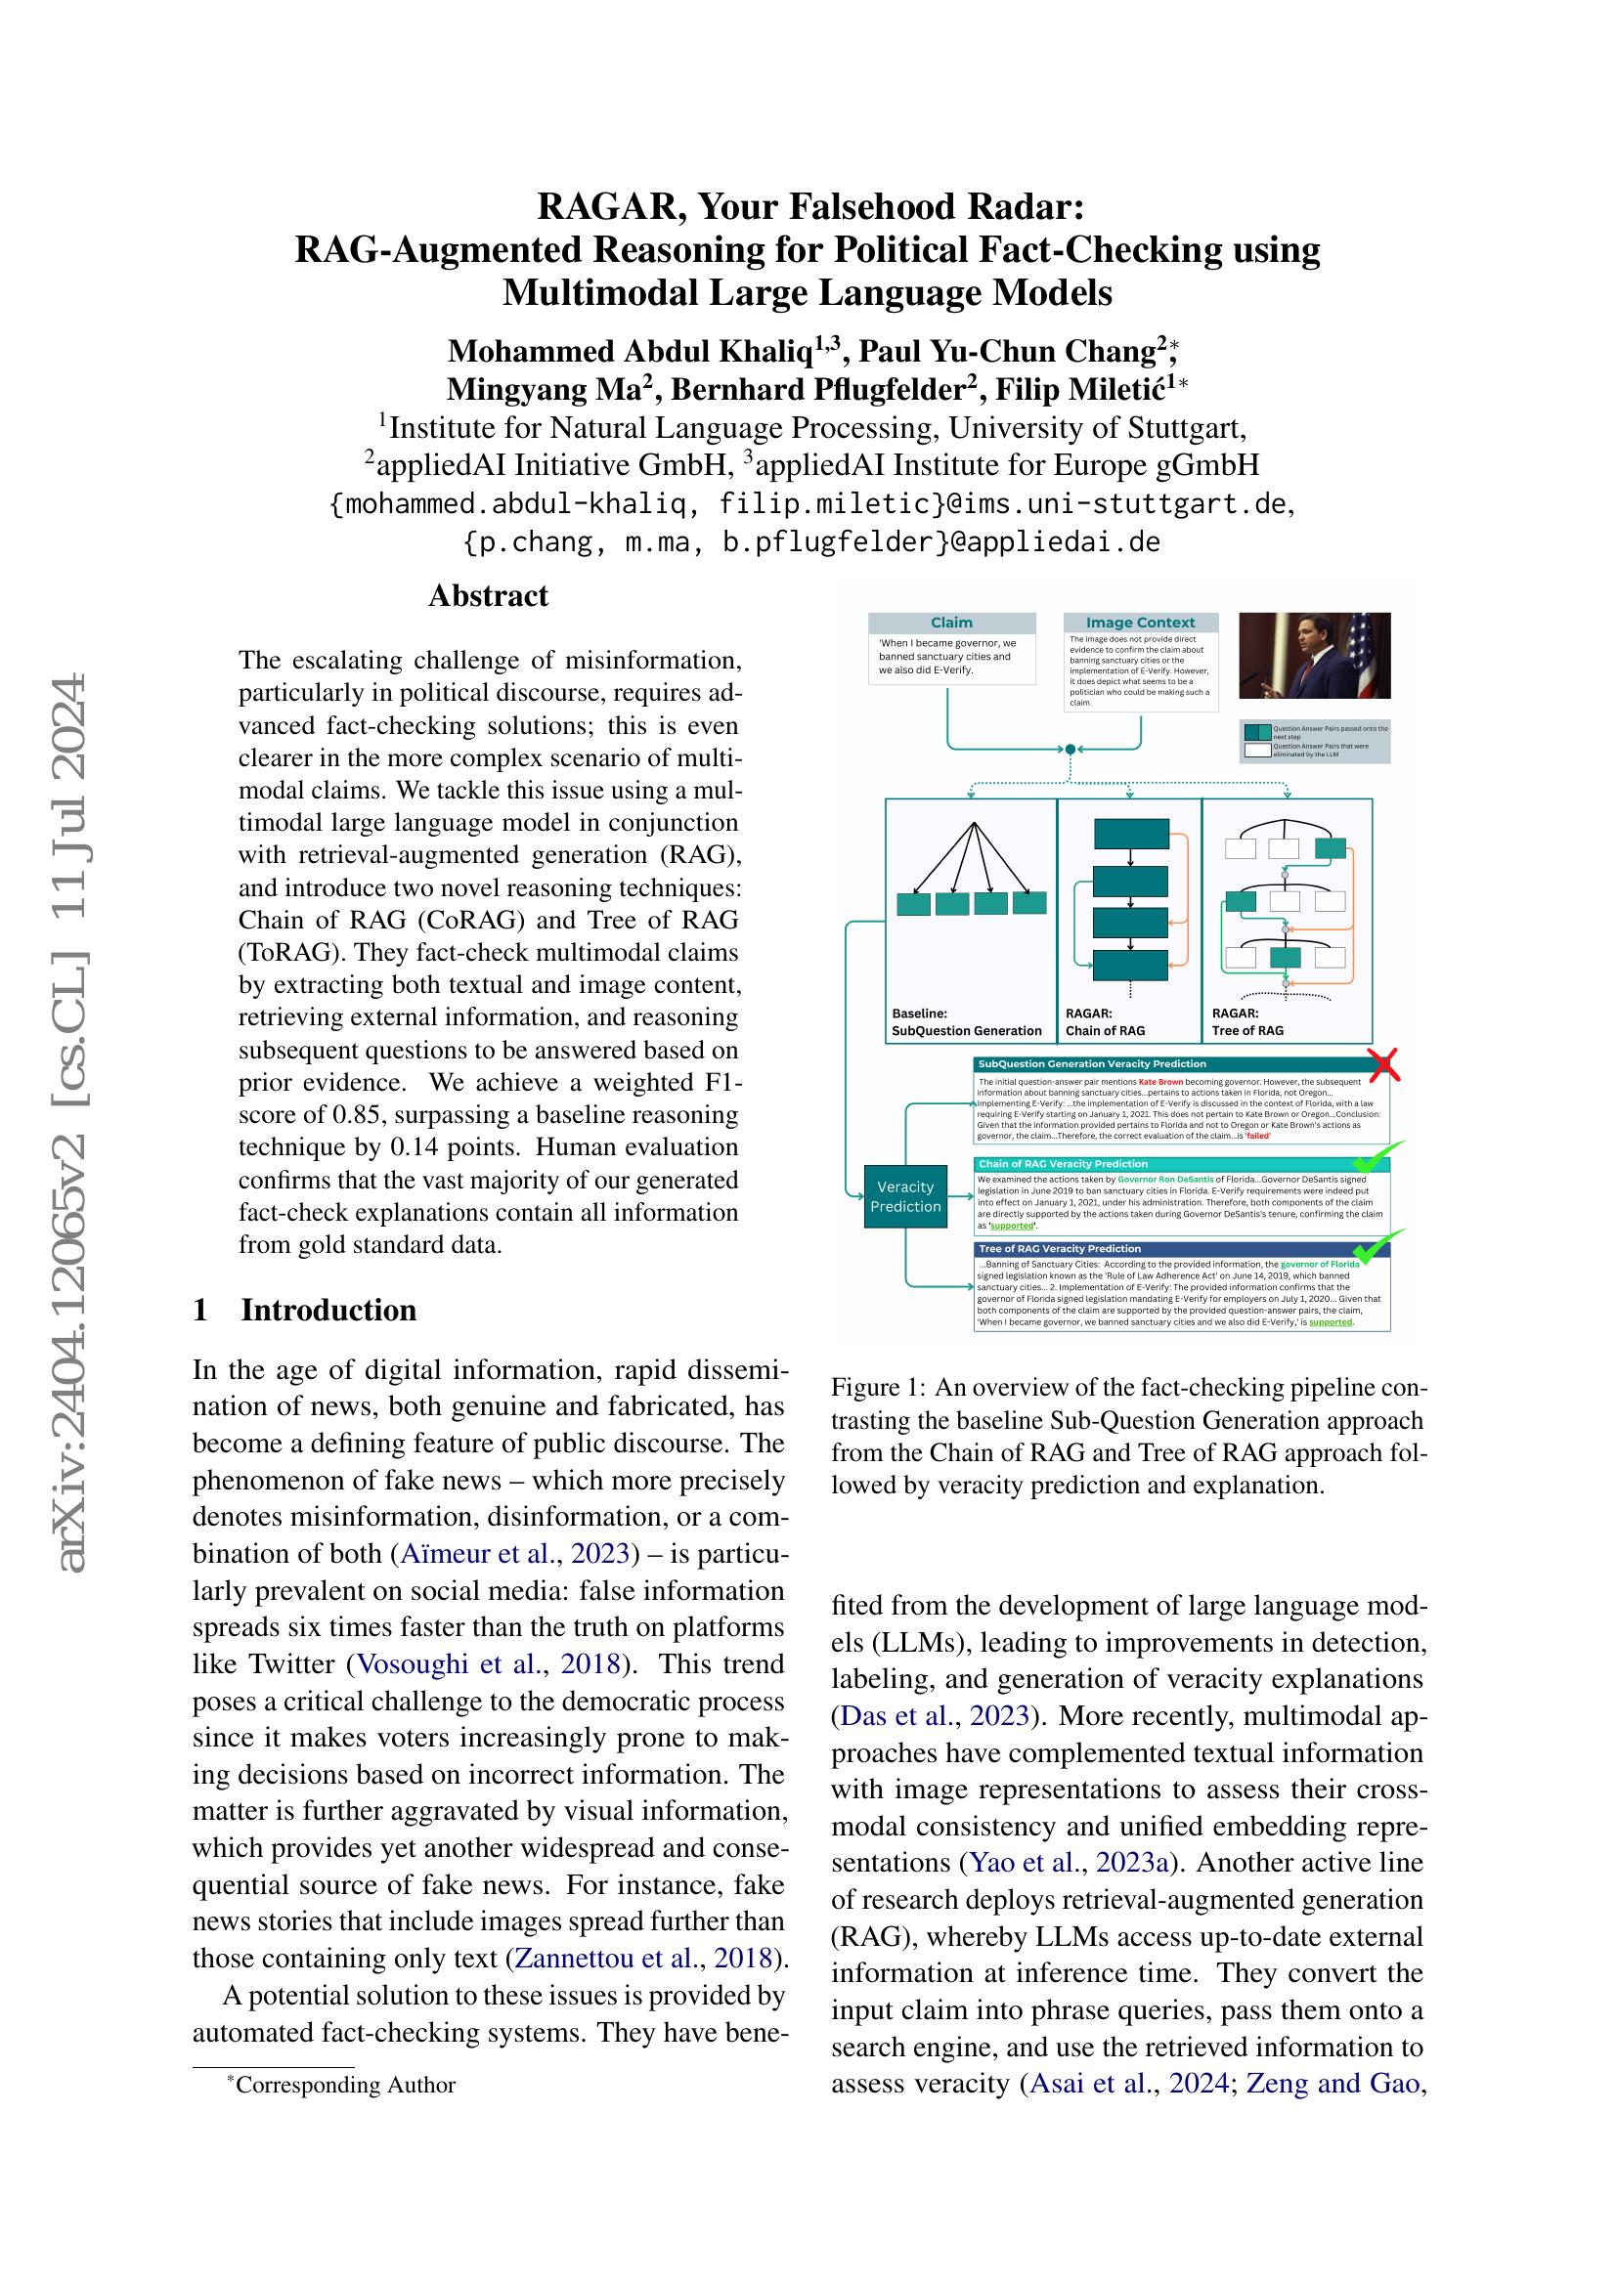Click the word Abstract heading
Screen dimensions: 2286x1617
pos(488,595)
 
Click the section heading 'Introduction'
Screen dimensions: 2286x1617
pos(328,1310)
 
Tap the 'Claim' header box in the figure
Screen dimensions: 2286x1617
pos(951,623)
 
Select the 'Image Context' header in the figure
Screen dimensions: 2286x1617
pos(1139,623)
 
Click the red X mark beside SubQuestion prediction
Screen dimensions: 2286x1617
pos(1384,1065)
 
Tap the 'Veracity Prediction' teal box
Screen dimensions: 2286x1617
pos(905,1195)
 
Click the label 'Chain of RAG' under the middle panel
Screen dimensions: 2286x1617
pos(1106,1030)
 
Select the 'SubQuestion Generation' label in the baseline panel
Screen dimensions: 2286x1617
pos(966,1030)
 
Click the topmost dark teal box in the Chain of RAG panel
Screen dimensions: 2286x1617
pos(1131,834)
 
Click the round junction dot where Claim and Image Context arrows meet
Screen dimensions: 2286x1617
pos(1070,749)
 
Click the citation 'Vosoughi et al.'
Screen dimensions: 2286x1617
pos(448,1663)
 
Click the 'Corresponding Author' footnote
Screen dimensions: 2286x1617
pos(344,2085)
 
